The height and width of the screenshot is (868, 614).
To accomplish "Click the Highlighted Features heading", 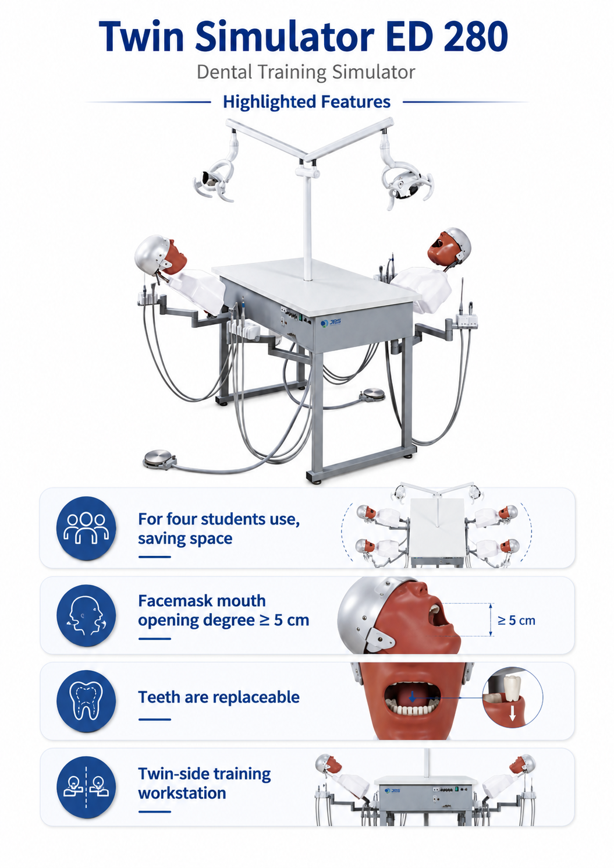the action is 307,102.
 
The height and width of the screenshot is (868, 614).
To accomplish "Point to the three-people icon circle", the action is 86,528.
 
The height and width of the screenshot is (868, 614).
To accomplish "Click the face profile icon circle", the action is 86,615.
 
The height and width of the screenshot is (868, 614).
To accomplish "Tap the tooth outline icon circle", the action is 86,701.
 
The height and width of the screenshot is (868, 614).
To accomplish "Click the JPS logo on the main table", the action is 331,323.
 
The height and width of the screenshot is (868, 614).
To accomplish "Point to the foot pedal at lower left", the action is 160,459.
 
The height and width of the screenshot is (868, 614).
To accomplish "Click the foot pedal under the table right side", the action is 372,395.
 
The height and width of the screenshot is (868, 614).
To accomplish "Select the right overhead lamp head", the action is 407,185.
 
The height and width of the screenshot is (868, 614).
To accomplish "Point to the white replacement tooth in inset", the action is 512,688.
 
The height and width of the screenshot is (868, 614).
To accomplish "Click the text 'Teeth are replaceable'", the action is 219,697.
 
